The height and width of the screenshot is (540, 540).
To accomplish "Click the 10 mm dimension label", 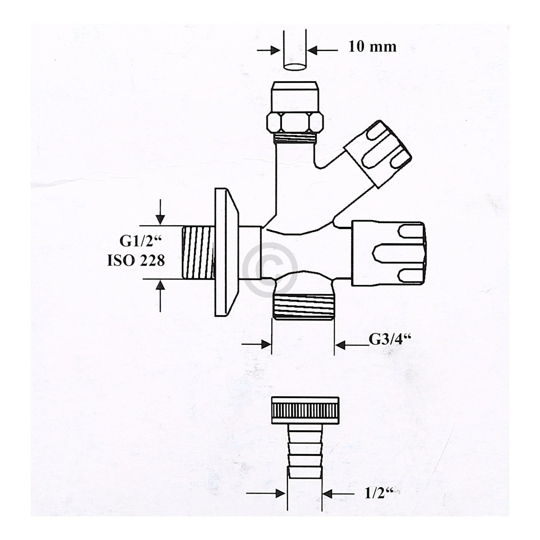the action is pyautogui.click(x=372, y=46).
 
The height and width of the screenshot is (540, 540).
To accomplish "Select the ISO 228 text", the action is pyautogui.click(x=136, y=260).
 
